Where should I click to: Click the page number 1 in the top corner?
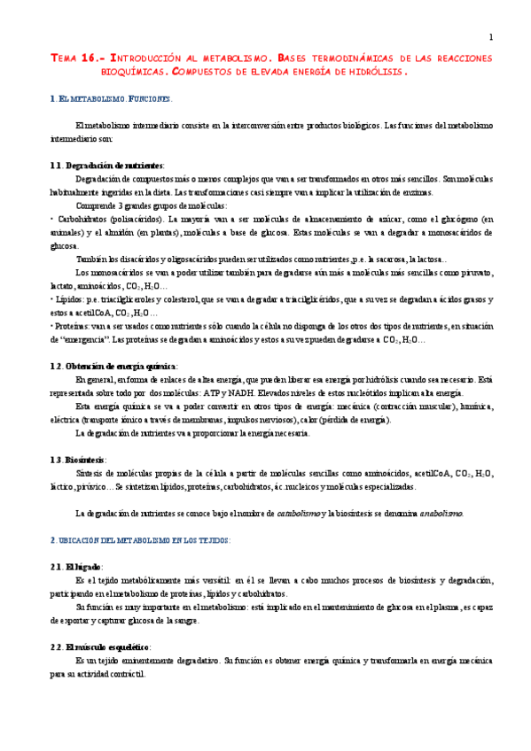tap(490, 36)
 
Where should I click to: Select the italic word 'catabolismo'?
tap(299, 514)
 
